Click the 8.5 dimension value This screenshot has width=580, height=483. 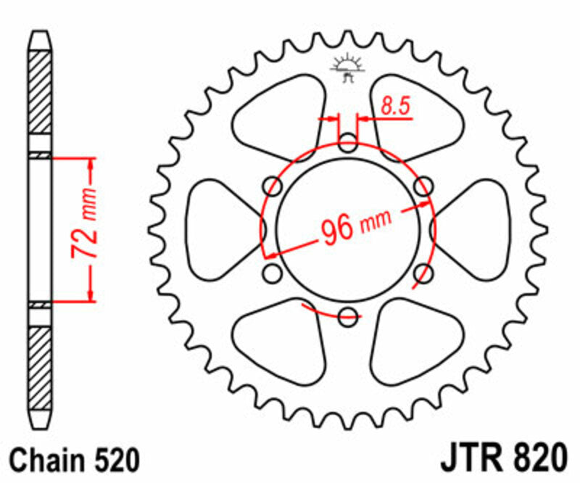coord(396,107)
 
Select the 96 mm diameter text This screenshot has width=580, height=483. coord(355,226)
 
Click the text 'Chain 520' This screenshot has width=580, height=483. coord(74,461)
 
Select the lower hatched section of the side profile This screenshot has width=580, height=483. coord(40,366)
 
